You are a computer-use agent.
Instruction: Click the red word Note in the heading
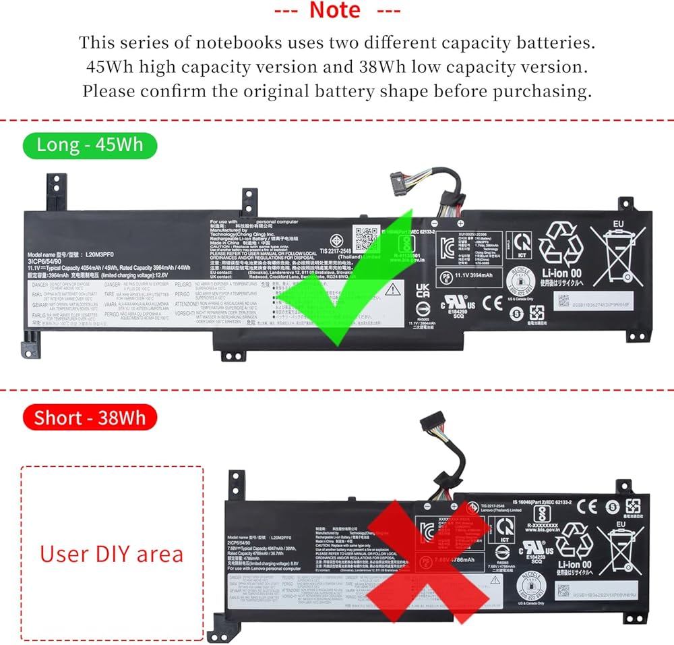coord(334,10)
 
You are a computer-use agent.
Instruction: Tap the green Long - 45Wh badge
coord(89,144)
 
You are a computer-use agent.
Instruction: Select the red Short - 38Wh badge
coord(90,418)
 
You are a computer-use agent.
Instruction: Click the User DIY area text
coord(112,554)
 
